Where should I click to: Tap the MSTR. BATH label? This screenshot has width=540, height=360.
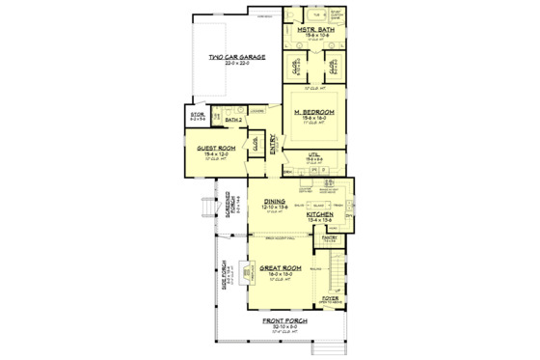tap(315, 30)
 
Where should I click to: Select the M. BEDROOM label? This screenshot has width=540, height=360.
tap(314, 112)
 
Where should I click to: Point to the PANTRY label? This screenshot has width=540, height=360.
tap(329, 235)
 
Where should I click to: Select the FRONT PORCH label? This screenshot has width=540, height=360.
tap(287, 322)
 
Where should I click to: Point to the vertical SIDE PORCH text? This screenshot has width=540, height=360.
tap(224, 277)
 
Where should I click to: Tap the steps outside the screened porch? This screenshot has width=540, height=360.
tap(204, 209)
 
